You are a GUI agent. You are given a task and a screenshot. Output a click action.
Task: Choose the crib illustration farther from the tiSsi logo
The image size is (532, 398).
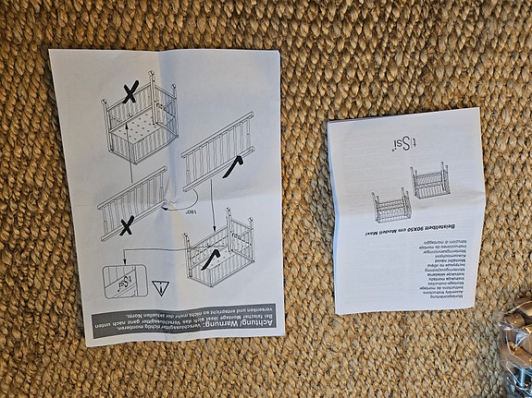pyautogui.click(x=391, y=204)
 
